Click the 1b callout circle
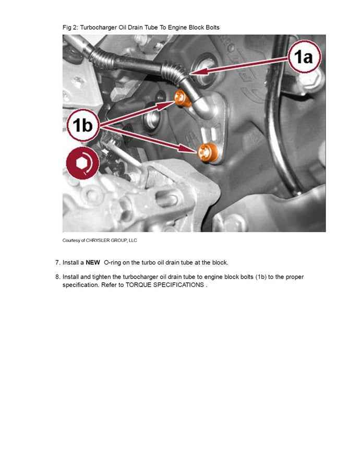pos(82,125)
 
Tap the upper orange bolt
pos(180,97)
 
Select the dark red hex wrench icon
pos(82,163)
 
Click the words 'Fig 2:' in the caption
pos(70,27)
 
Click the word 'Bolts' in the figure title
pos(210,27)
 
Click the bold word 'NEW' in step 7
pos(93,262)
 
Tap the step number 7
pos(57,262)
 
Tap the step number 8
pos(57,277)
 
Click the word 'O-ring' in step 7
pos(113,262)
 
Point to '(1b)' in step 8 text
pos(260,277)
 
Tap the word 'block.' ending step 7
pos(219,262)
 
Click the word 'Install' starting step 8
pos(71,277)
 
